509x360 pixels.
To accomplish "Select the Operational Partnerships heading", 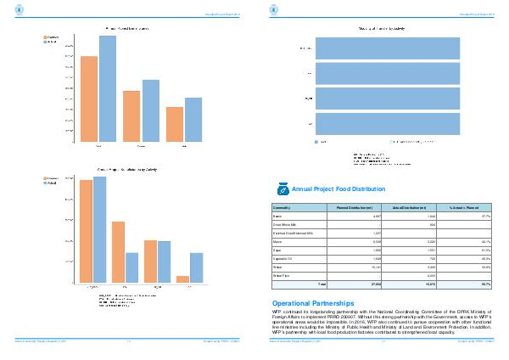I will pyautogui.click(x=311, y=303).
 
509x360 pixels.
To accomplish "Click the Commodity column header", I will pyautogui.click(x=282, y=207).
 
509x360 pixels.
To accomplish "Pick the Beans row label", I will pyautogui.click(x=277, y=217).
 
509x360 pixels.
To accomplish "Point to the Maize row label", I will pyautogui.click(x=277, y=240).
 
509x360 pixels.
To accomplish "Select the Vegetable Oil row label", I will pyautogui.click(x=282, y=256).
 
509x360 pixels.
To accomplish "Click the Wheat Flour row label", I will pyautogui.click(x=281, y=273).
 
